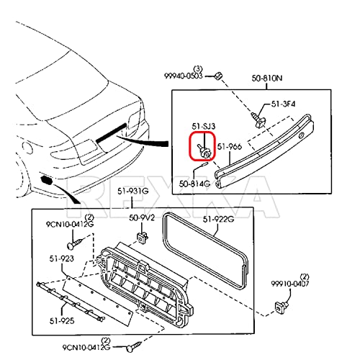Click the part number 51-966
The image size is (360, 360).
click(x=230, y=147)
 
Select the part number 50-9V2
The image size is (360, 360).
click(x=142, y=217)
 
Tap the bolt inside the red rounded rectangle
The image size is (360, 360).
click(x=204, y=149)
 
